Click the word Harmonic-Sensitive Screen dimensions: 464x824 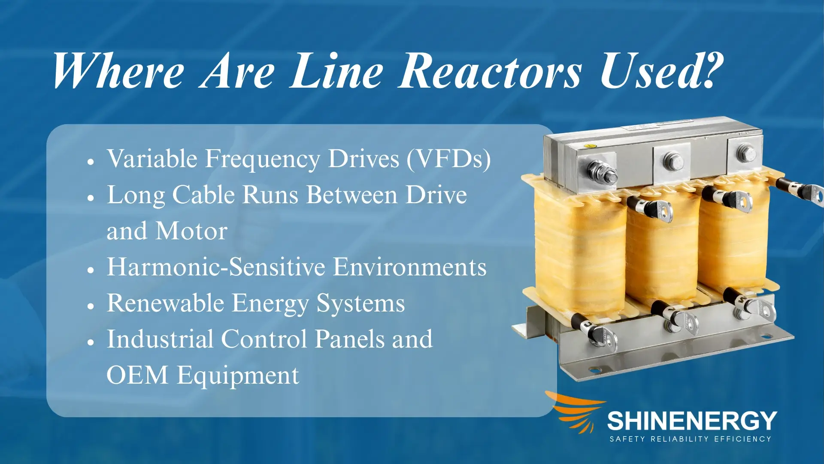[x=216, y=267]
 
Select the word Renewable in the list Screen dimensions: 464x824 [x=165, y=303]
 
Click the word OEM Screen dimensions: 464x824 [x=137, y=375]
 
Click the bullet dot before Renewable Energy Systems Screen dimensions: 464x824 [x=91, y=306]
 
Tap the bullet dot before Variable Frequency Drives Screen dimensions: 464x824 [x=91, y=162]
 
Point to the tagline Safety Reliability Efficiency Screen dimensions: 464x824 [x=691, y=439]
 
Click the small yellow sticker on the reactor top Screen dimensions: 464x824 [x=591, y=146]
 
